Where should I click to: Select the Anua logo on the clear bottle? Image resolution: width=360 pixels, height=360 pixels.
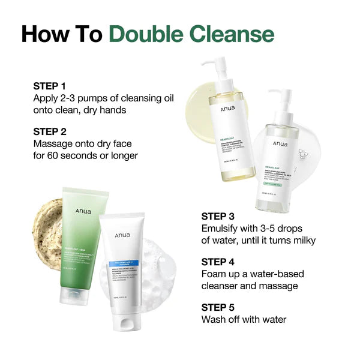pos(280,144)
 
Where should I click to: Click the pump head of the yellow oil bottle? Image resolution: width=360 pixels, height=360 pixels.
pos(217,62)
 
